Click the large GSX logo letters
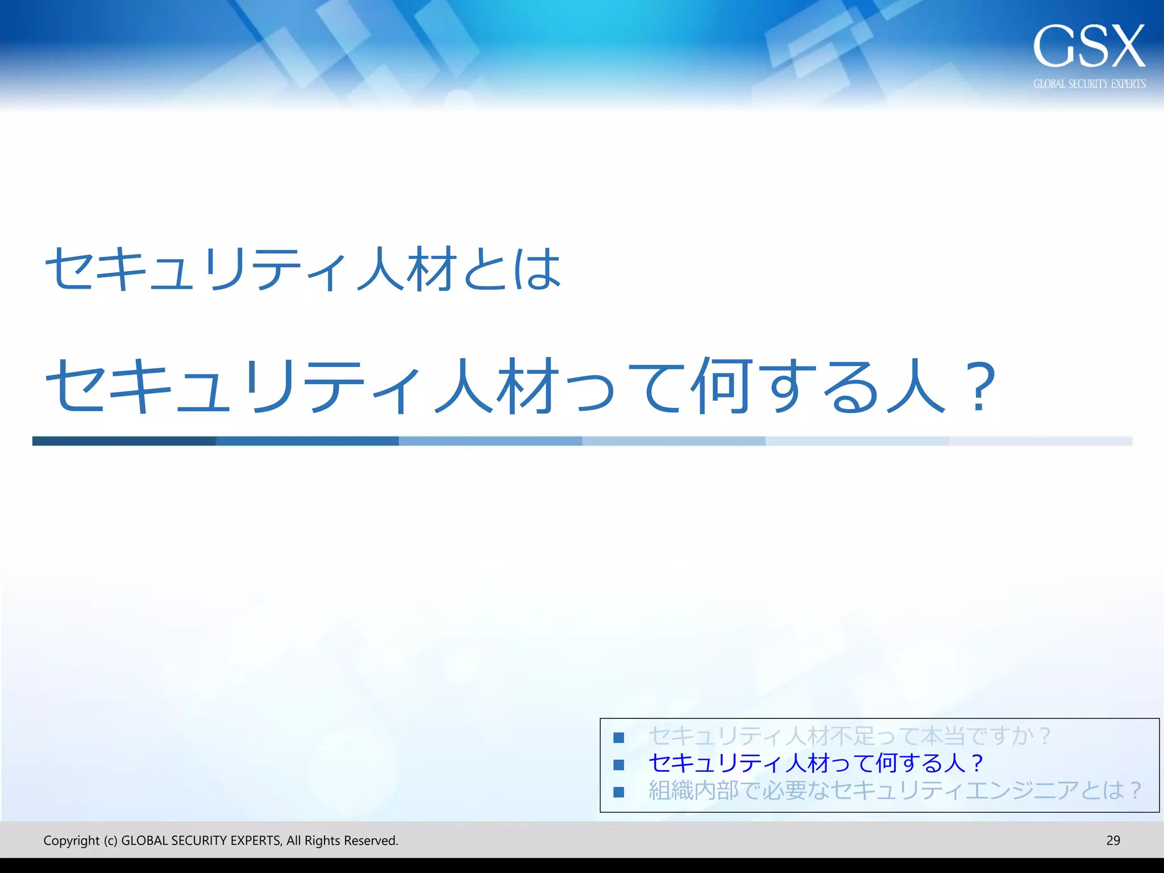point(1088,46)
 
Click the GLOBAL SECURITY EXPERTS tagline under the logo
point(1089,84)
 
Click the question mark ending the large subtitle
point(982,386)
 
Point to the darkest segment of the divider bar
point(124,441)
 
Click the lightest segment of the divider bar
point(1040,441)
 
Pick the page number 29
point(1113,841)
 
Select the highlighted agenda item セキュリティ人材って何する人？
point(815,763)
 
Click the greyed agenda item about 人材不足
point(849,736)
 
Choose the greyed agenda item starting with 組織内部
point(895,791)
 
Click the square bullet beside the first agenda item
point(619,738)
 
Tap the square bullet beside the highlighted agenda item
point(619,765)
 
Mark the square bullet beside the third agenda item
point(619,792)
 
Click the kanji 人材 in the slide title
point(408,269)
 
